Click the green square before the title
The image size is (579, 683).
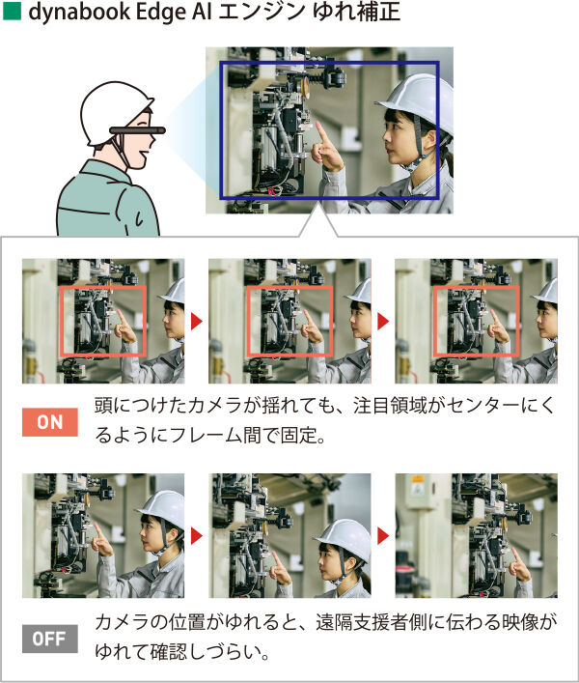click(x=12, y=12)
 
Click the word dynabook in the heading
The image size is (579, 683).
click(x=78, y=13)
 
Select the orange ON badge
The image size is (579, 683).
click(x=50, y=422)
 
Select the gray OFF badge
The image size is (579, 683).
click(x=50, y=639)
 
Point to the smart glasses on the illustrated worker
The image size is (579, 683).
click(x=137, y=129)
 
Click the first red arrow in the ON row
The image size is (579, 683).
click(x=197, y=322)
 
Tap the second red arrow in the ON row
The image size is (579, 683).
click(x=383, y=322)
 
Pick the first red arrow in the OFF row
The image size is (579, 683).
click(x=197, y=536)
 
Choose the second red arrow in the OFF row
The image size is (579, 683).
click(x=383, y=536)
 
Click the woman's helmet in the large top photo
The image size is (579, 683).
click(x=418, y=101)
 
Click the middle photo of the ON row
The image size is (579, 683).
click(x=289, y=321)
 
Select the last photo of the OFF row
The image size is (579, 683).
click(x=477, y=535)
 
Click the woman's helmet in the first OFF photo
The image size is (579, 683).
click(x=162, y=510)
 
